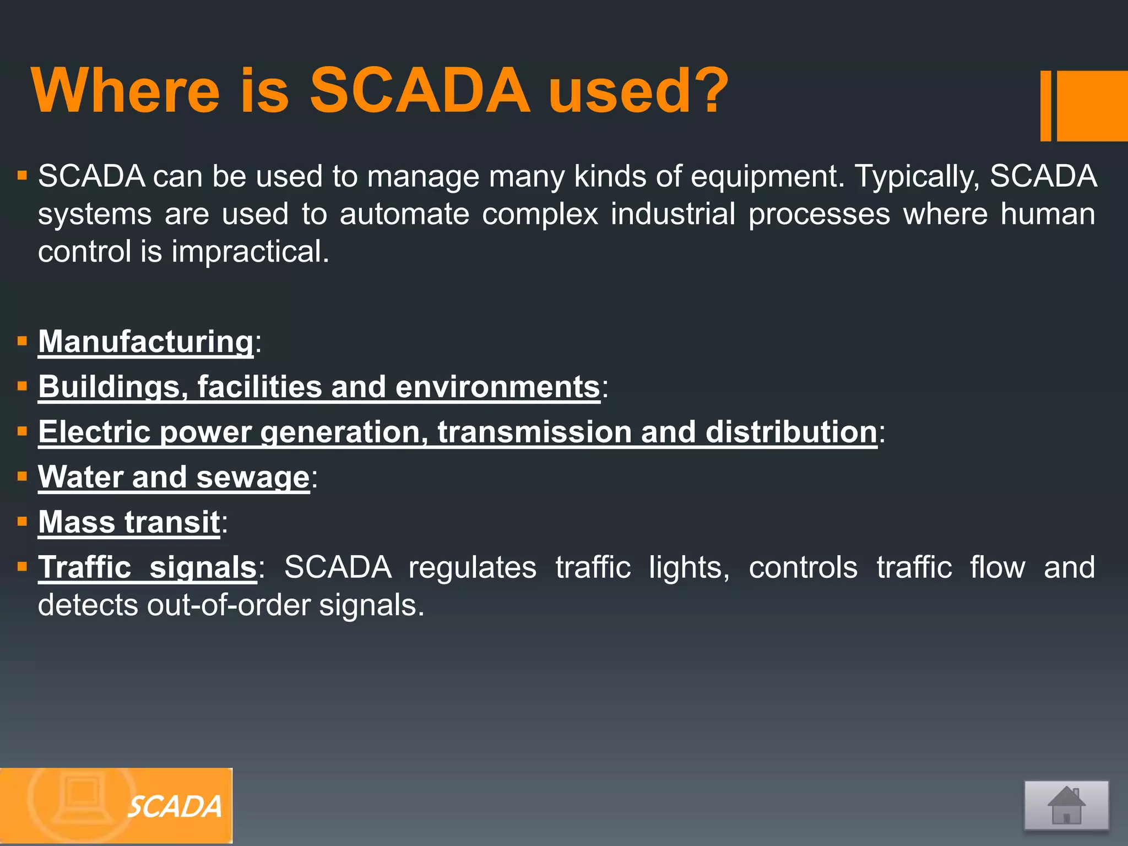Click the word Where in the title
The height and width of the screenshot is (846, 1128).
pos(126,91)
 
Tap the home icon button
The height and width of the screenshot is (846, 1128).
pos(1066,805)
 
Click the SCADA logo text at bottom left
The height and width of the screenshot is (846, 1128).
pos(175,807)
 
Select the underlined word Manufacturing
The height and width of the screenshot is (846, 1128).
pos(146,341)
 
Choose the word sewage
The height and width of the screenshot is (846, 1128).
pos(253,477)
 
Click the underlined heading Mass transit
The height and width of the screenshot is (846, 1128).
pos(129,522)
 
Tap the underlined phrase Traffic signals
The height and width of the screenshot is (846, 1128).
pos(147,567)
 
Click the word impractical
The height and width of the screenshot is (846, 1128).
pos(250,252)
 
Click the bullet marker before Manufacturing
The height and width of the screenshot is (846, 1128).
pos(23,341)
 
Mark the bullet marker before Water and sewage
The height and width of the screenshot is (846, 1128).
pos(23,476)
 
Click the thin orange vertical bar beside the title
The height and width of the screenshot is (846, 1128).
pos(1045,106)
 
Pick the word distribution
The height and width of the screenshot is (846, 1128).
pos(791,431)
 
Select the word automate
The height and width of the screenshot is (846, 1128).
pos(404,214)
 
